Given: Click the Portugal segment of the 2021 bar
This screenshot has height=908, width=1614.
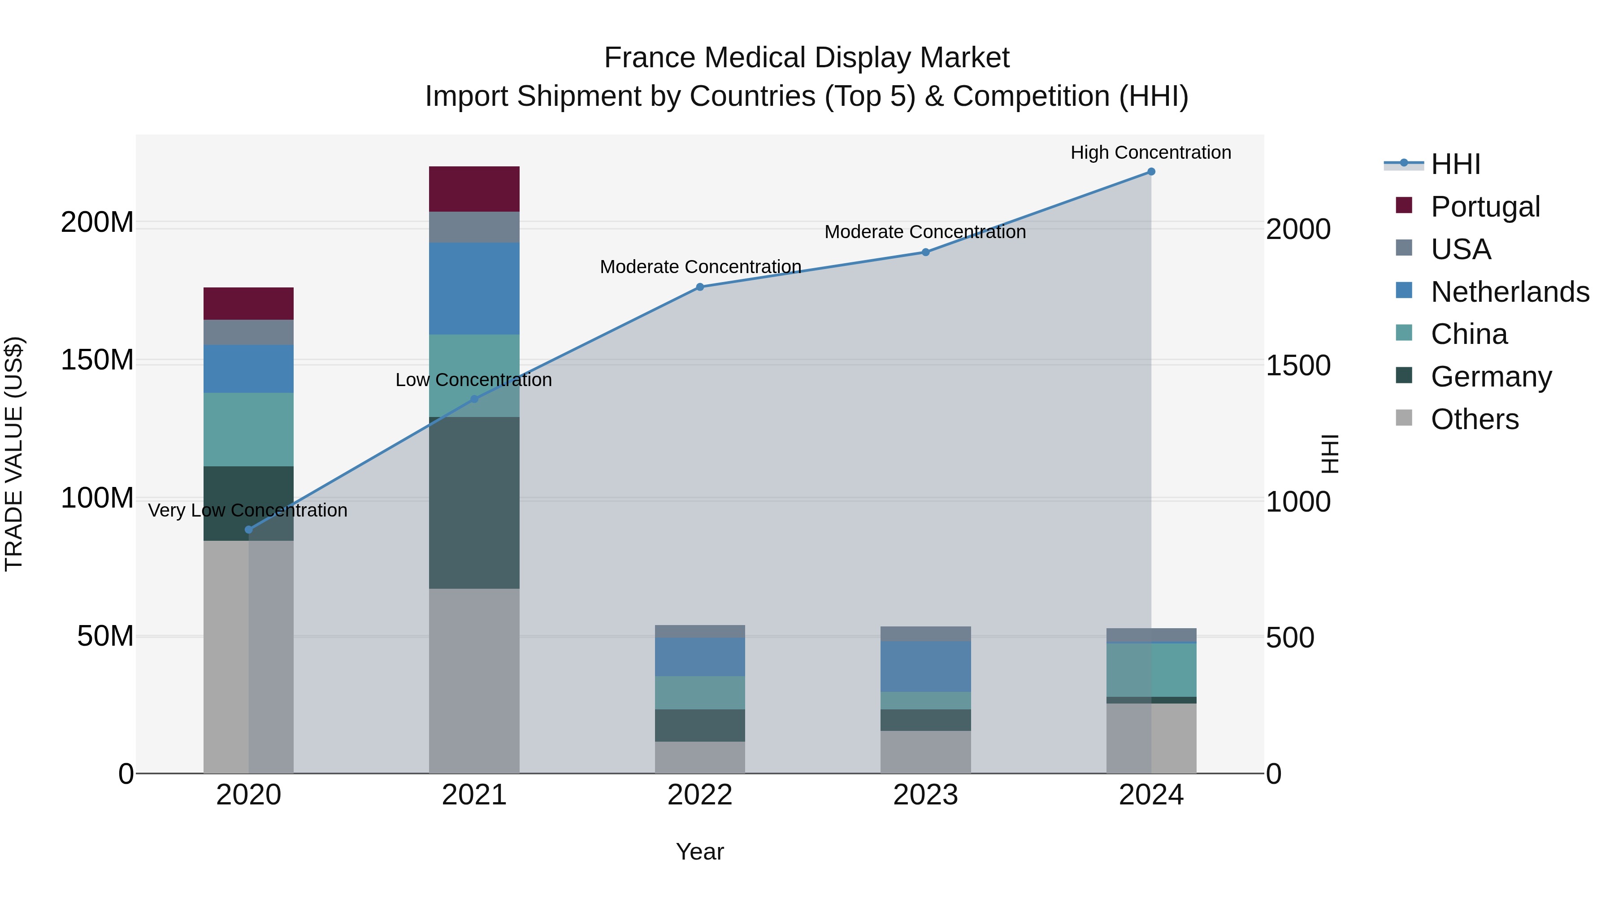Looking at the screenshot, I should tap(474, 189).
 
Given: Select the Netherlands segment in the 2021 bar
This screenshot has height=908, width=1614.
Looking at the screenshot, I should tap(474, 288).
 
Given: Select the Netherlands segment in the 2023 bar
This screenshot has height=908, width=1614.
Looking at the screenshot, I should tap(925, 666).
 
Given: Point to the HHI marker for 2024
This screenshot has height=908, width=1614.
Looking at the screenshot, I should tap(1150, 172).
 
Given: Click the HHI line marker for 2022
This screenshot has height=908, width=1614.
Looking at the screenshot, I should tap(700, 287).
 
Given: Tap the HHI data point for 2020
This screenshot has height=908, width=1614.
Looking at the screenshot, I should tap(249, 530).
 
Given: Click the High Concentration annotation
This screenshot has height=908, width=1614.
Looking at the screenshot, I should tap(1150, 152).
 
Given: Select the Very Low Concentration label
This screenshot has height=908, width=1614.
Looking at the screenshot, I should tap(247, 510).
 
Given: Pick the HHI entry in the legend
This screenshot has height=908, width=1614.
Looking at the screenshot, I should tap(1455, 164).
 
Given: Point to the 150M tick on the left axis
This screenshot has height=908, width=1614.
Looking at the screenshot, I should tap(97, 361).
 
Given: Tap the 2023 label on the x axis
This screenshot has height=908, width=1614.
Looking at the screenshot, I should tap(925, 795).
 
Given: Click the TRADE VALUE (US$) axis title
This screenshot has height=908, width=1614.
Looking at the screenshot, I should tap(14, 454).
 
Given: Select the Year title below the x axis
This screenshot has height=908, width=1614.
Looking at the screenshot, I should tap(700, 852).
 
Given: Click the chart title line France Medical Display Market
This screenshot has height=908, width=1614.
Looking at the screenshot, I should tap(807, 58).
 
